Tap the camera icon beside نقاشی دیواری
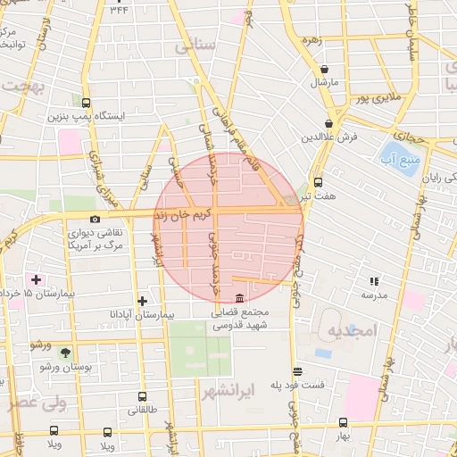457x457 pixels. [96, 219]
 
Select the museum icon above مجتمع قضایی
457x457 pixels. [239, 298]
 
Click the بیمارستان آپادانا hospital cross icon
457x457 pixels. [142, 300]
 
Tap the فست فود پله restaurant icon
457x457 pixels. [297, 371]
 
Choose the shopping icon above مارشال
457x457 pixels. [323, 69]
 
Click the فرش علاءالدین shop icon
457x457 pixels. [329, 123]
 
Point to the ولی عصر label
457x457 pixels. [37, 403]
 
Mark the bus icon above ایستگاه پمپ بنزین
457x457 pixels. [86, 103]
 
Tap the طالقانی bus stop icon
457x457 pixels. [142, 396]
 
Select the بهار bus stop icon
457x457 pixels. [343, 423]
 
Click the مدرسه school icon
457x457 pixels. [373, 281]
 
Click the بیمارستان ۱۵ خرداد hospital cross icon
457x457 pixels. [36, 279]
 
